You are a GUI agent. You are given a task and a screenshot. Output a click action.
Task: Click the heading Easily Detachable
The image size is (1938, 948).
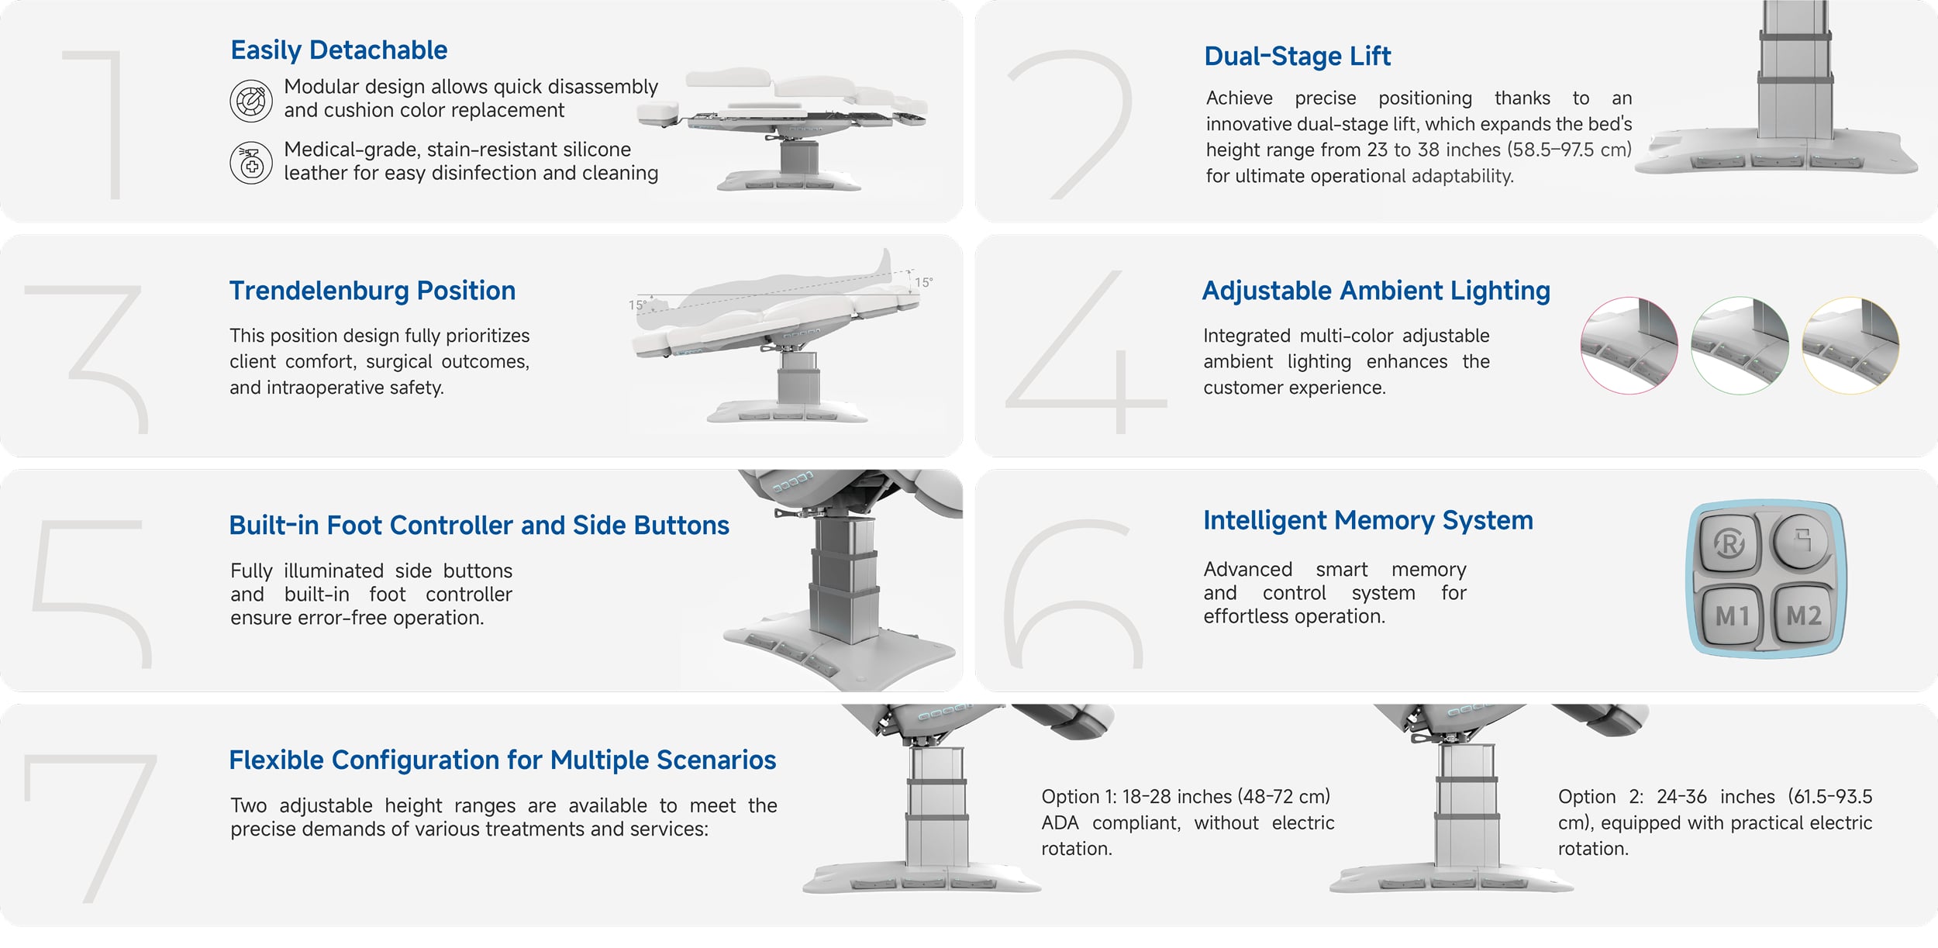point(339,50)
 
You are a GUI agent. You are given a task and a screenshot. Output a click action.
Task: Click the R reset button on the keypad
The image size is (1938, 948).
point(1729,543)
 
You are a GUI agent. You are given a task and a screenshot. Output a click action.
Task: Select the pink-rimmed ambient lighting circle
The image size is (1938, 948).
point(1629,345)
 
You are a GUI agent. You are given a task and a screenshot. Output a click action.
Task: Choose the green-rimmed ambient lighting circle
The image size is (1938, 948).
point(1740,345)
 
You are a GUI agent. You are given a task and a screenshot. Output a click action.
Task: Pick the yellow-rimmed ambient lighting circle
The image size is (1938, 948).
point(1850,345)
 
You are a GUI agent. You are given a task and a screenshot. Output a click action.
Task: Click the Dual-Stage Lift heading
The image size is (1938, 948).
point(1297,57)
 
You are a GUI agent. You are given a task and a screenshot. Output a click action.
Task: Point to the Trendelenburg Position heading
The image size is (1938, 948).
point(372,291)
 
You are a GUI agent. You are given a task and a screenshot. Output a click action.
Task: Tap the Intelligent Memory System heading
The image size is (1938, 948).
point(1368,520)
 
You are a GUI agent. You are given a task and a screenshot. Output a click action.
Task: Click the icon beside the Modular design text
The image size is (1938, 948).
point(251,101)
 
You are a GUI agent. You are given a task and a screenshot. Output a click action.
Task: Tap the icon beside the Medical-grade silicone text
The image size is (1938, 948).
point(251,163)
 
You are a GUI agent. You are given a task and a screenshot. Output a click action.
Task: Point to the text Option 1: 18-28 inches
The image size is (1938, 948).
point(1185,797)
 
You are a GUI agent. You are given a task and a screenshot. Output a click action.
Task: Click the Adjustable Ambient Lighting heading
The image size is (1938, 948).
point(1376,291)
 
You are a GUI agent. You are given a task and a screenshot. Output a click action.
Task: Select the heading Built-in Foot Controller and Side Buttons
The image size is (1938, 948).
point(479,526)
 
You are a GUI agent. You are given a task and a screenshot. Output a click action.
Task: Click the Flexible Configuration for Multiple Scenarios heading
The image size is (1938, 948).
point(502,760)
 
